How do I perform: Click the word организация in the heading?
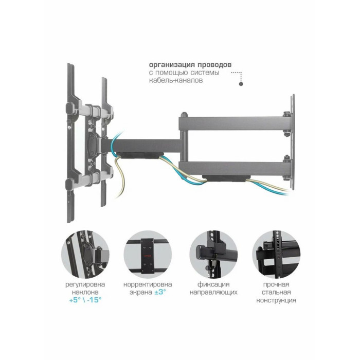(169, 65)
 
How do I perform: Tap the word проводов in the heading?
(211, 65)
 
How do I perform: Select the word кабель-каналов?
(176, 80)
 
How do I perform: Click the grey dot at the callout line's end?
(241, 84)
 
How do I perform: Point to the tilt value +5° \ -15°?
(85, 300)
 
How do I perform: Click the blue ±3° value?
(160, 292)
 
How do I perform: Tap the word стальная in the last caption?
(276, 292)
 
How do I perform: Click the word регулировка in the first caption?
(85, 285)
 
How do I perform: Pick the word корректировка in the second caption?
(148, 285)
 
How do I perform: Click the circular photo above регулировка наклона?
(85, 255)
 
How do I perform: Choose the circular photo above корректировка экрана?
(148, 255)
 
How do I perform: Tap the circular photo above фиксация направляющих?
(213, 255)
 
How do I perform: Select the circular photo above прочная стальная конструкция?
(276, 255)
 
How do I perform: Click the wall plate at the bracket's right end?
(292, 142)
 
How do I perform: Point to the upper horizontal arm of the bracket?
(234, 123)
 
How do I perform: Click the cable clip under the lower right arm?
(226, 178)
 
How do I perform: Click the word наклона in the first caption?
(85, 292)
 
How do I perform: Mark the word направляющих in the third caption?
(213, 293)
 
